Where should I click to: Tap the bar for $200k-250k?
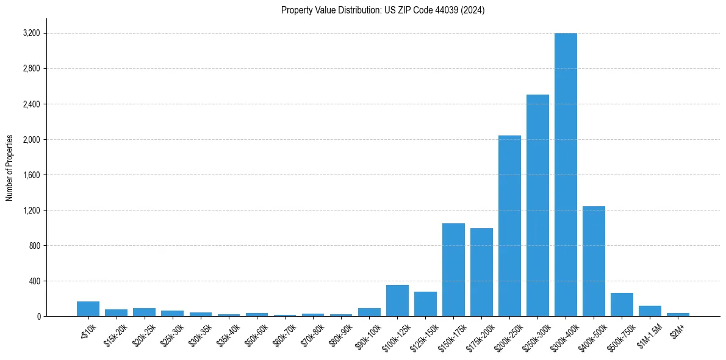coord(509,226)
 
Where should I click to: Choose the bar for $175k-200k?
coord(481,272)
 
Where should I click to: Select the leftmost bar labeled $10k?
coord(88,309)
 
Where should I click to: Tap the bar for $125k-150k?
coord(425,304)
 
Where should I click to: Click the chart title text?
coord(383,10)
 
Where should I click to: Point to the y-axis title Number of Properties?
coord(10,168)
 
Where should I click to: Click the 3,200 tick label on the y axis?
coord(31,33)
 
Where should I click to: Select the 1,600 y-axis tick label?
coord(31,175)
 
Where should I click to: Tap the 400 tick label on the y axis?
coord(34,281)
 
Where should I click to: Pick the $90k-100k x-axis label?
coord(368,334)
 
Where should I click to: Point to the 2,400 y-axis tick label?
coord(31,104)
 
